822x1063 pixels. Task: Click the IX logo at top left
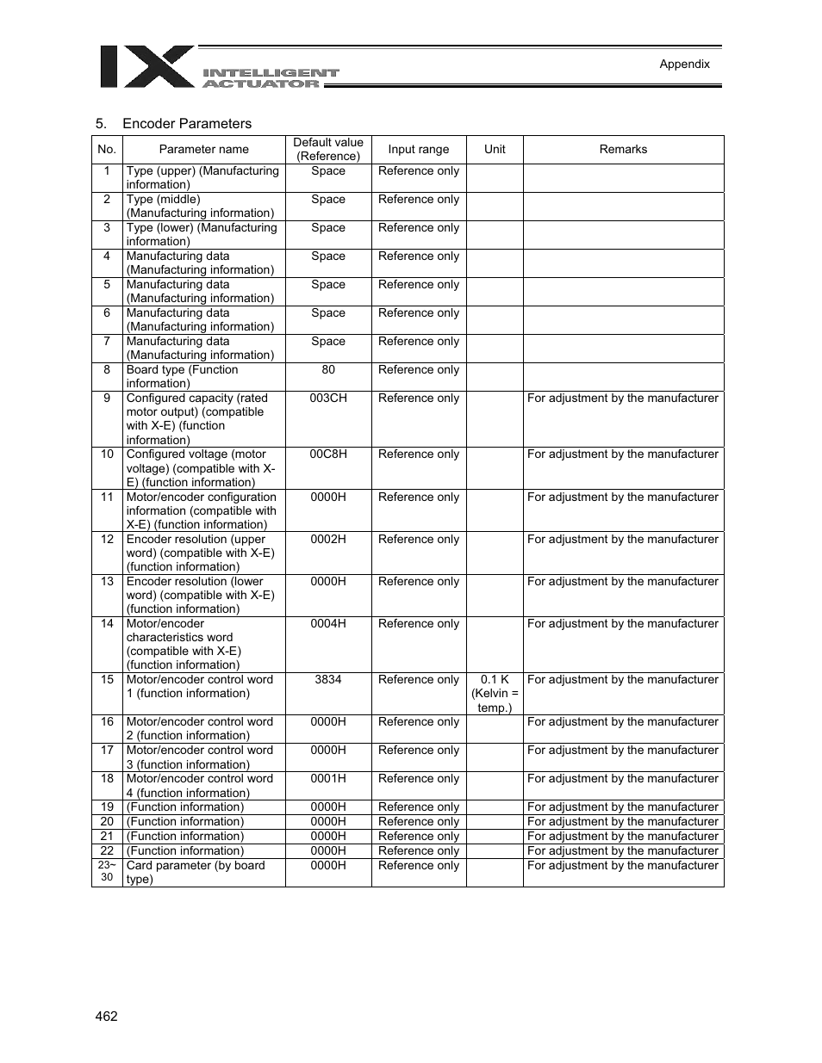click(x=146, y=66)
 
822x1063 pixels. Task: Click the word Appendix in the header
click(x=684, y=64)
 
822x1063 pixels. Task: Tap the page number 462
click(x=107, y=1016)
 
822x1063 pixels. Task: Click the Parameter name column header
click(x=203, y=149)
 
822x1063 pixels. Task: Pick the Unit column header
click(x=495, y=149)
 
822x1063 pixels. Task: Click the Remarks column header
click(x=623, y=149)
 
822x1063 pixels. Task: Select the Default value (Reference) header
click(x=328, y=149)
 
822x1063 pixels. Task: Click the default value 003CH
click(x=328, y=399)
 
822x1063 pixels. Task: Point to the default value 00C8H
click(x=328, y=454)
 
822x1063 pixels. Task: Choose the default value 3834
click(x=328, y=680)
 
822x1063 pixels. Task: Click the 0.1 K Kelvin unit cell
click(x=495, y=693)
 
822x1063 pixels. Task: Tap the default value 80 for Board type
click(x=328, y=370)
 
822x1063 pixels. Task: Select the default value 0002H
click(x=328, y=540)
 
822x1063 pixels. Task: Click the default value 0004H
click(x=328, y=624)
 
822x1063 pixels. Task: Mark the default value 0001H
click(x=328, y=779)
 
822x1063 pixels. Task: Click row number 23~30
click(x=107, y=871)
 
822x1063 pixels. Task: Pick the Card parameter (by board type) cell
click(x=196, y=872)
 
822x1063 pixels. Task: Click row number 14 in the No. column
click(x=107, y=624)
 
